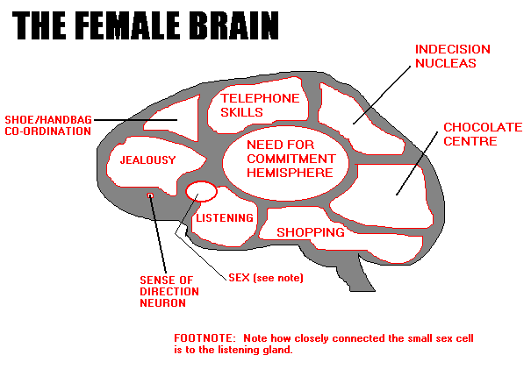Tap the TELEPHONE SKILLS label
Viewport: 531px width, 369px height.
[260, 105]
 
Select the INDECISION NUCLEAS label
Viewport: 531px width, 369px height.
[453, 56]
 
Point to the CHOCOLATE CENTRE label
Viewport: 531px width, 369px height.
[483, 134]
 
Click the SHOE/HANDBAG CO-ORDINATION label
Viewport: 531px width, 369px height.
[47, 124]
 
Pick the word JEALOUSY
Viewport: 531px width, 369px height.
[147, 160]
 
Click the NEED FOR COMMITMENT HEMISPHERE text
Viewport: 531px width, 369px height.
[290, 159]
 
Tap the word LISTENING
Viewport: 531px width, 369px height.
[225, 217]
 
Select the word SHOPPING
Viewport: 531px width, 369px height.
[310, 232]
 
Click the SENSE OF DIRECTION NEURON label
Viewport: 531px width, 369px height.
[169, 291]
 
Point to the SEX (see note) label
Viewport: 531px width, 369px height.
[266, 278]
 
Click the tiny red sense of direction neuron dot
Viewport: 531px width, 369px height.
[150, 195]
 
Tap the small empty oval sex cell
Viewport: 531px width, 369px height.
[201, 191]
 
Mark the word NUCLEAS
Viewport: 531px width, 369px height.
[453, 63]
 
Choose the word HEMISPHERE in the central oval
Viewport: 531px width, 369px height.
[290, 173]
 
